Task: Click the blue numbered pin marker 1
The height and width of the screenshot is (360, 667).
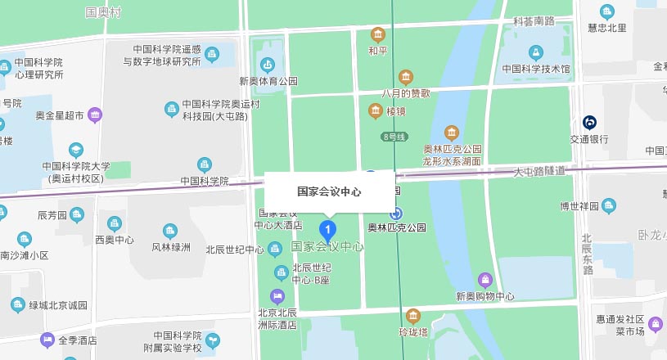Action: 328,229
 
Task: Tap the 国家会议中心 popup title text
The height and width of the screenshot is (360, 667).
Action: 329,191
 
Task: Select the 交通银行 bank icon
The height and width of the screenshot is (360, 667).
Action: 589,123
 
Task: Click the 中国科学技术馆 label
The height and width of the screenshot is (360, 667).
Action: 536,69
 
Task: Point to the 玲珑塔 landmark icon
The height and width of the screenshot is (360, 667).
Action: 413,316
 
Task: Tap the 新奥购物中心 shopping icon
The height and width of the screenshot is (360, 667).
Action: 485,280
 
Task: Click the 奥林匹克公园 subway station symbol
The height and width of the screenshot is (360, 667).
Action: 396,212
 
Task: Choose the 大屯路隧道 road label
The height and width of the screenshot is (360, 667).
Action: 539,171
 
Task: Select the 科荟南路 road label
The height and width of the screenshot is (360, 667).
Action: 534,20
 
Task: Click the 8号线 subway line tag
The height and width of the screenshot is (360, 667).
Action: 394,137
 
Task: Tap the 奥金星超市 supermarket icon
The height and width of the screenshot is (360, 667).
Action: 95,115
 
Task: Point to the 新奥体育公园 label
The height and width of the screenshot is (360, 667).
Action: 268,81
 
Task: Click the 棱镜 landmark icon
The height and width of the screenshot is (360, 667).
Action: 376,110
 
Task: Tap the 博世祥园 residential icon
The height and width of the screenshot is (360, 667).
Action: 608,205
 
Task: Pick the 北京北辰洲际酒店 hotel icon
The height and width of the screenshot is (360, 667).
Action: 277,295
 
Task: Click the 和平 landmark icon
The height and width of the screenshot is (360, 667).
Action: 377,34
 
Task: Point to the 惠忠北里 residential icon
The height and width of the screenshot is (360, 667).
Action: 606,11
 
